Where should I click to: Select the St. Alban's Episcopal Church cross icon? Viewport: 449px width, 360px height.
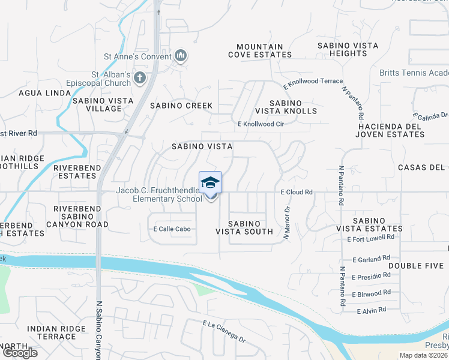click(140, 77)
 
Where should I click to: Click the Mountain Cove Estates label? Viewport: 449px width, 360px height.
click(260, 50)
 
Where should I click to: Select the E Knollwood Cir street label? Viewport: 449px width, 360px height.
click(260, 124)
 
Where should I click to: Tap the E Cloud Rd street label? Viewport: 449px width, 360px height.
click(297, 193)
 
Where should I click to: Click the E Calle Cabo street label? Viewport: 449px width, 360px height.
click(172, 229)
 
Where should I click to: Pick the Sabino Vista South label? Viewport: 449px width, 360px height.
click(244, 227)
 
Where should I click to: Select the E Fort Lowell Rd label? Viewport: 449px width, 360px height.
click(371, 238)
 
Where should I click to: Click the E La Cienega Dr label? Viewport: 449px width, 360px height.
click(224, 332)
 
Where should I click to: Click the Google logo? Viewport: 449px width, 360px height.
click(19, 353)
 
